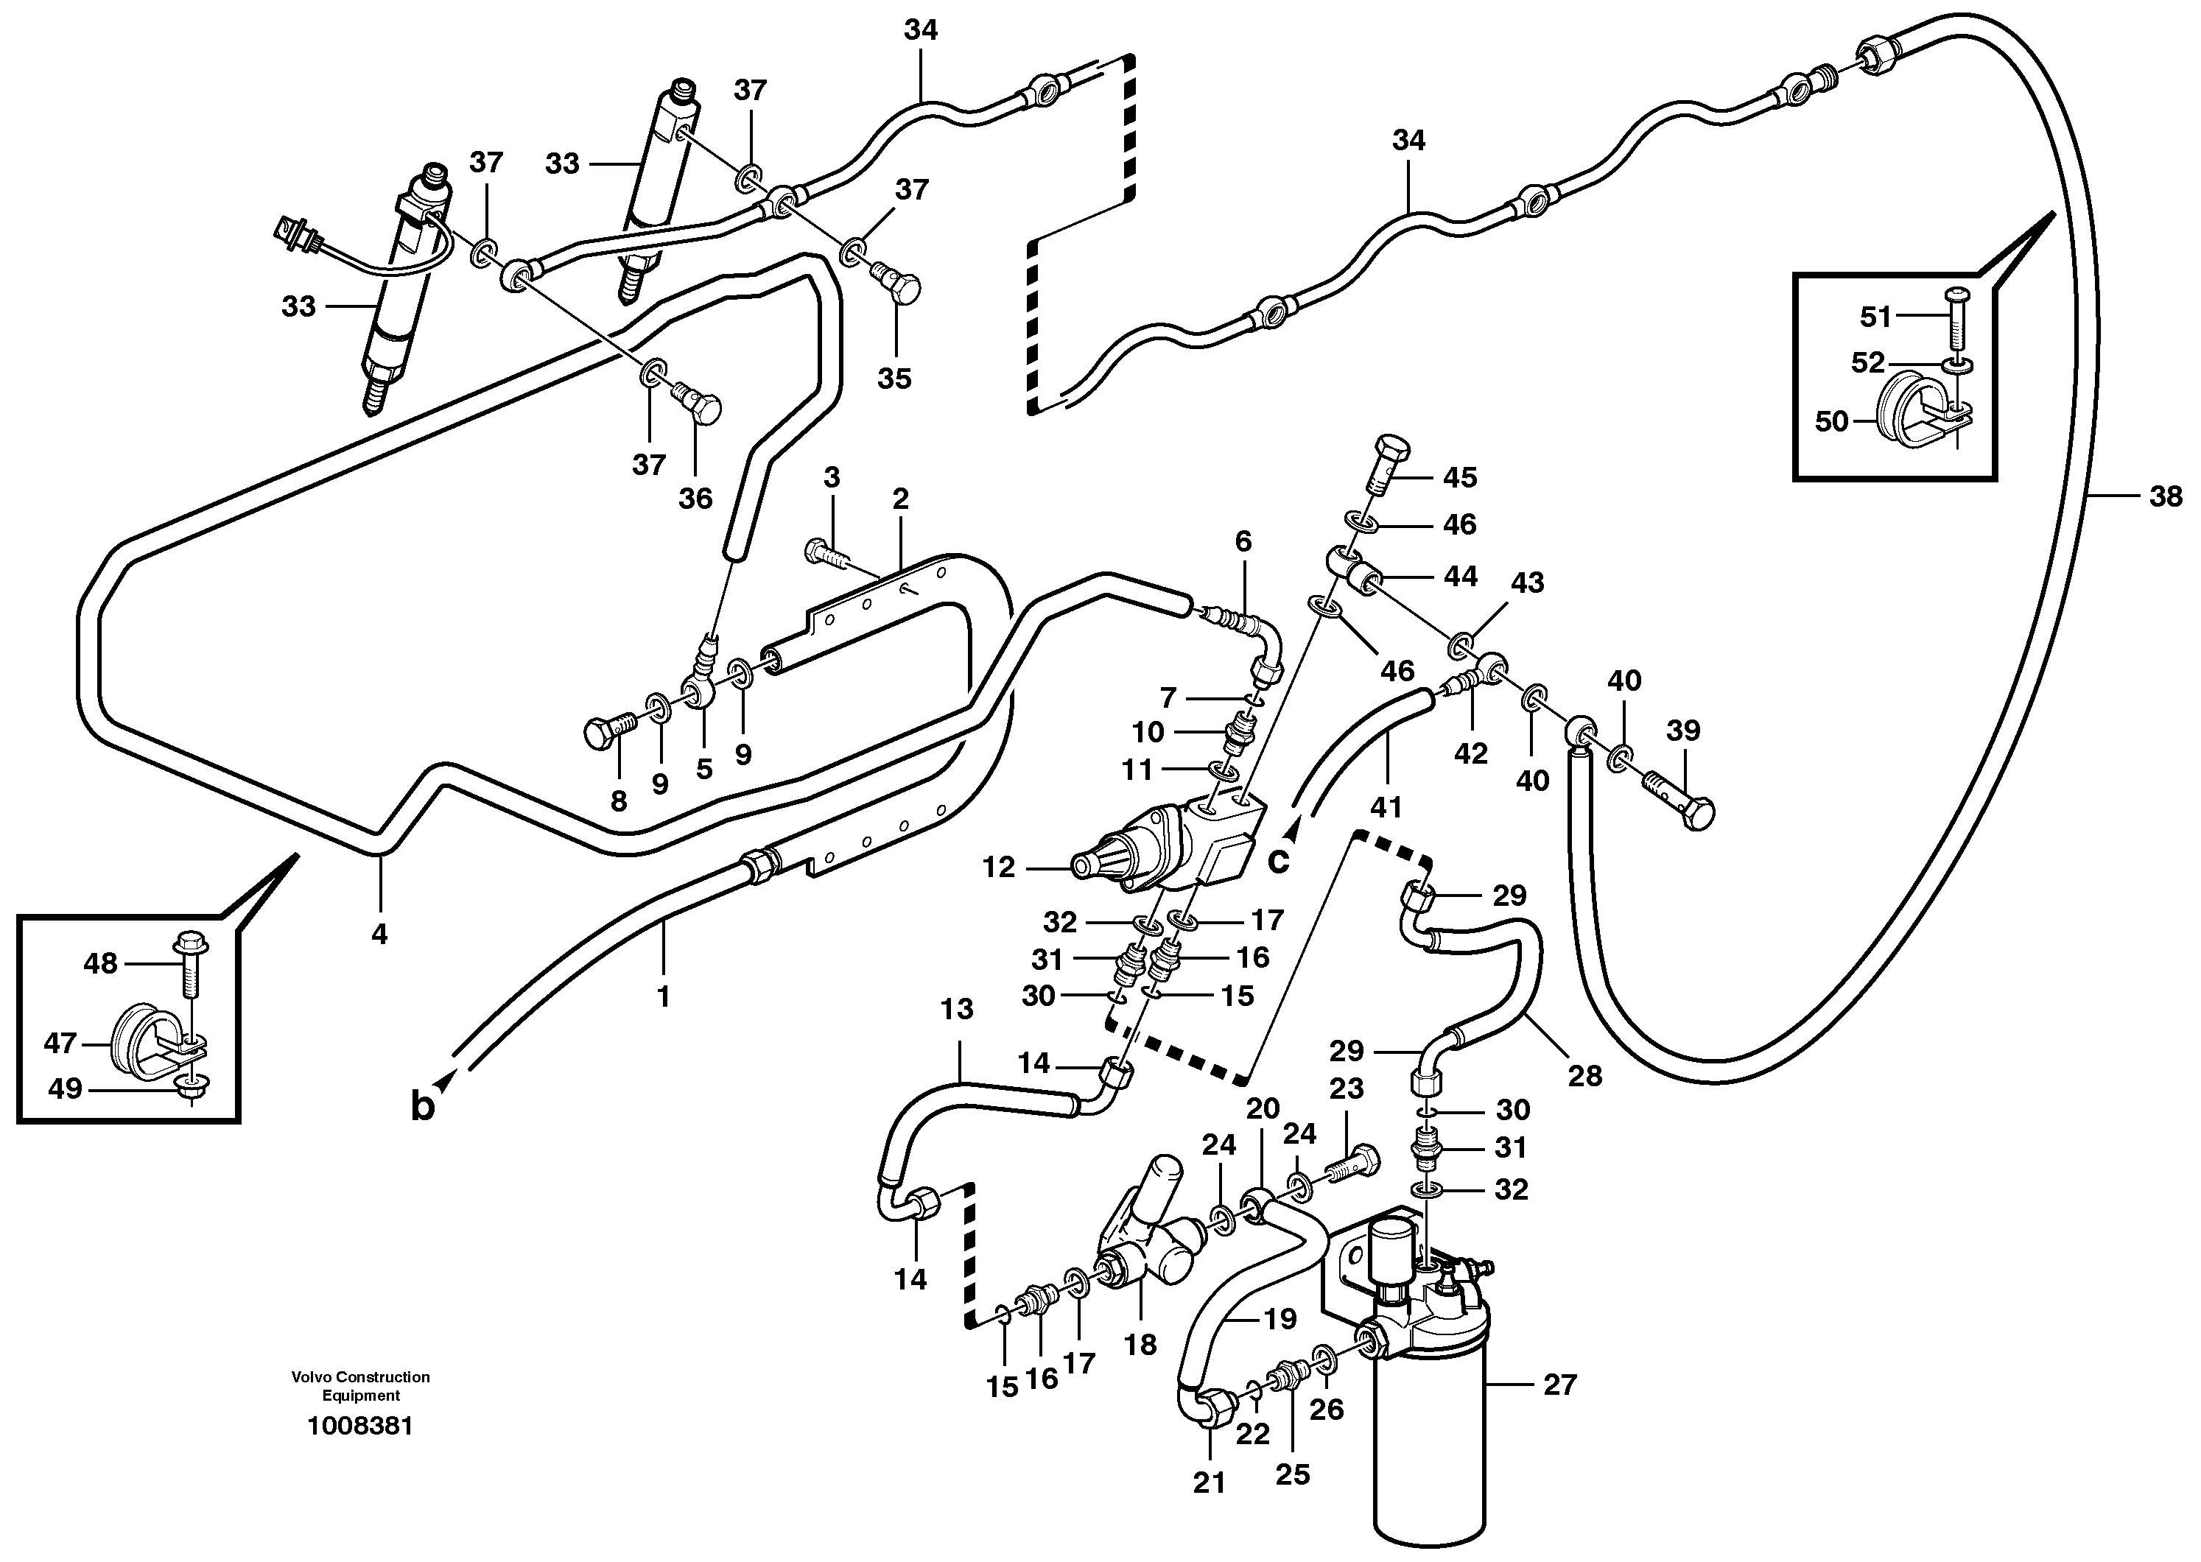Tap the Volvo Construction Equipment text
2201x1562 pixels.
click(361, 1386)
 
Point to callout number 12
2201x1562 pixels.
click(999, 868)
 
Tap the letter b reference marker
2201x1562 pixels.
click(424, 1107)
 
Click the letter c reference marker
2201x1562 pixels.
click(1277, 859)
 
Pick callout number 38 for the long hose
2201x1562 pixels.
click(2166, 496)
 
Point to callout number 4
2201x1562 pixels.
click(379, 933)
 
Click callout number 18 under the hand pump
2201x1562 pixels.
click(1140, 1344)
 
